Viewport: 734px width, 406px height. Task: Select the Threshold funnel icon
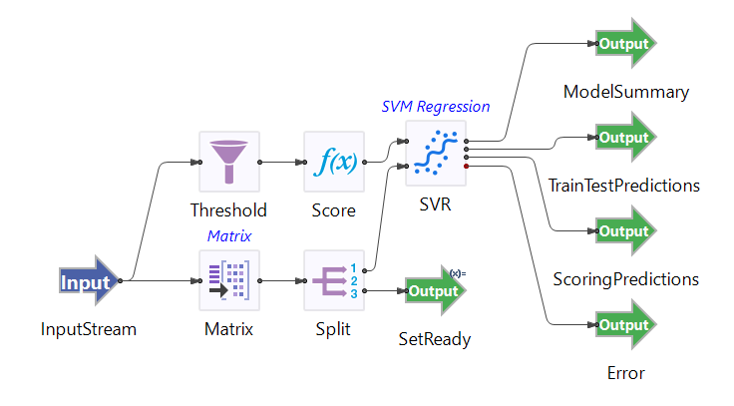tap(229, 161)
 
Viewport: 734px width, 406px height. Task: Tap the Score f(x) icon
tap(333, 161)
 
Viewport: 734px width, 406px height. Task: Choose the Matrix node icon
tap(229, 280)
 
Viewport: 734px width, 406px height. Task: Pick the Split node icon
tap(333, 280)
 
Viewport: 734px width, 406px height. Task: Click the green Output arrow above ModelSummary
tap(626, 44)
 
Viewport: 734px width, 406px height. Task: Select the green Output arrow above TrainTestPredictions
tap(626, 138)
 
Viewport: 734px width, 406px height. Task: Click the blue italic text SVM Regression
tap(436, 107)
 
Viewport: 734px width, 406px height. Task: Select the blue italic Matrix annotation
tap(228, 236)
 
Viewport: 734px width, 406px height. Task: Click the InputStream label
tap(88, 328)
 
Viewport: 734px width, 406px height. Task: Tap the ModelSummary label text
tap(626, 92)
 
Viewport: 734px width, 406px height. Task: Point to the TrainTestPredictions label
tap(625, 186)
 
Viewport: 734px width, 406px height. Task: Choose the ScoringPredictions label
tap(625, 279)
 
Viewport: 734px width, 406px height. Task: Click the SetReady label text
tap(435, 339)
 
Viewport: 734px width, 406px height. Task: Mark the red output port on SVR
tap(467, 167)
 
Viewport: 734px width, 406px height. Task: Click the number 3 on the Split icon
tap(354, 293)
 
